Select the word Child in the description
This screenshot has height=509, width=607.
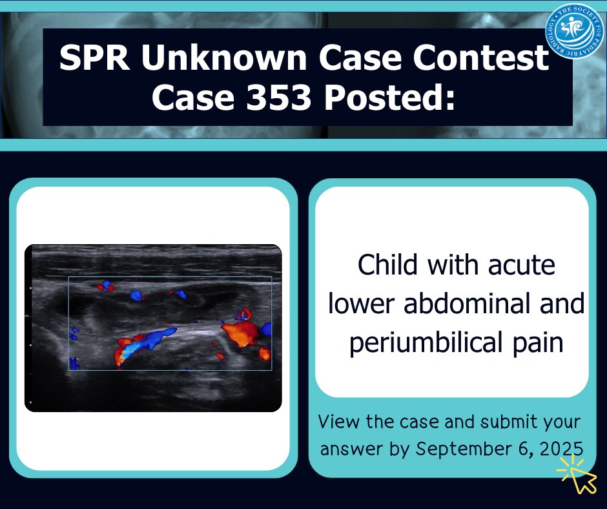pos(388,265)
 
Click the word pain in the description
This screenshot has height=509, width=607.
pos(533,342)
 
